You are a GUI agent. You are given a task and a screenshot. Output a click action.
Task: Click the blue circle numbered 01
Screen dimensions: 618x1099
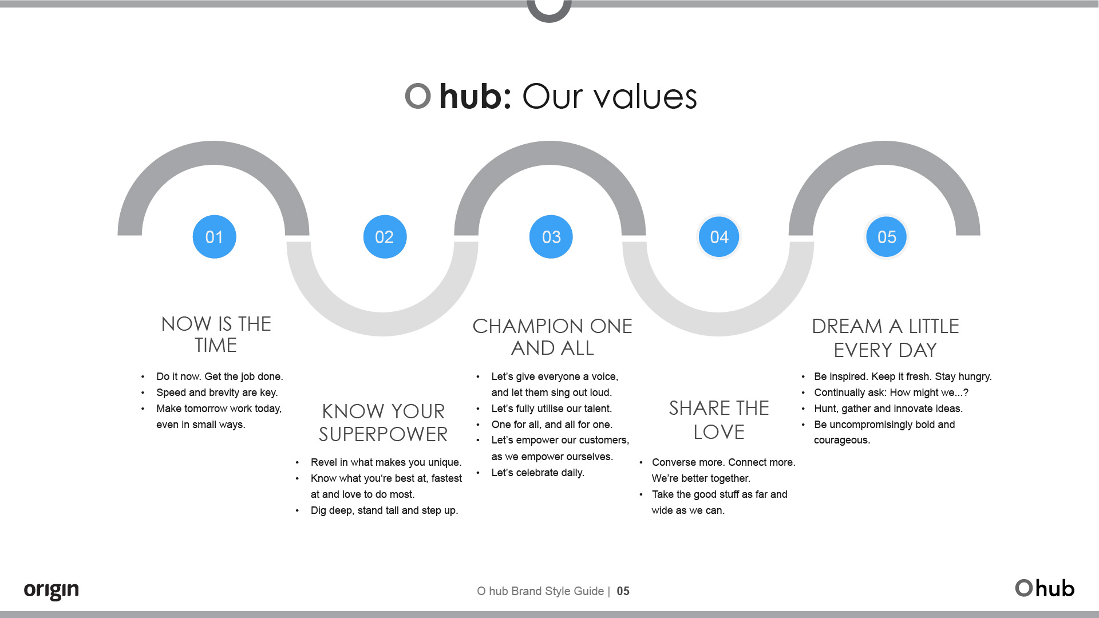click(x=214, y=237)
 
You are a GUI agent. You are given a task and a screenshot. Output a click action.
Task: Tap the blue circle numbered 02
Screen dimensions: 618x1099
click(x=385, y=237)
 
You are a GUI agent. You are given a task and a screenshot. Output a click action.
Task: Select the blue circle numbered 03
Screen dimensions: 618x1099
click(x=551, y=237)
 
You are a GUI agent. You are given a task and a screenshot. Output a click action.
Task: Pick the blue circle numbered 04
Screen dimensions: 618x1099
click(x=719, y=237)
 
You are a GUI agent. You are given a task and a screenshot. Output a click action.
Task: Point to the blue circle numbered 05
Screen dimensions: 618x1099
click(x=887, y=237)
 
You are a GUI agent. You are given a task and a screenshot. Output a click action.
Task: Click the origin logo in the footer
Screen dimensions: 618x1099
click(x=51, y=590)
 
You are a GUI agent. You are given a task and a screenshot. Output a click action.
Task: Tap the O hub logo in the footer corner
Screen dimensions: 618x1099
click(x=1045, y=588)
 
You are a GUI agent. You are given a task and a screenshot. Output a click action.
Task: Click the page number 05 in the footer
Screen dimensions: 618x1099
click(x=623, y=591)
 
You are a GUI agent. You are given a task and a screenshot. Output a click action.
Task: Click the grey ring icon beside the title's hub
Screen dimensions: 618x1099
click(x=418, y=96)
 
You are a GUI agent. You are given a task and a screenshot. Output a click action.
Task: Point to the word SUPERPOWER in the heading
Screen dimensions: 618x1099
click(x=383, y=435)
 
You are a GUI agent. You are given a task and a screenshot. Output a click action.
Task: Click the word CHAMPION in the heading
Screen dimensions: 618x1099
click(x=528, y=326)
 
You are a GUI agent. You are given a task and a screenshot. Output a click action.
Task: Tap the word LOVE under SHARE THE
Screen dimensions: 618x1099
click(x=719, y=432)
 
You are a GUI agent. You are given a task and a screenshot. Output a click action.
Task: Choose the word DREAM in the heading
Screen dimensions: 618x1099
click(x=847, y=326)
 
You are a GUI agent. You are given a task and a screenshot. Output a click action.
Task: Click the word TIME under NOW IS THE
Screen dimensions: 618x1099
click(x=216, y=346)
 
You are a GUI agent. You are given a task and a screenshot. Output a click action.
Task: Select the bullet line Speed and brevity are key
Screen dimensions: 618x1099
click(x=217, y=393)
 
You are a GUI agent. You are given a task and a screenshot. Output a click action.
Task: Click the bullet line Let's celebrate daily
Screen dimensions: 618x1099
click(x=537, y=473)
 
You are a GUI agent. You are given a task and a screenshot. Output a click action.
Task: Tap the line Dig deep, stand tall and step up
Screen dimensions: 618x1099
click(x=384, y=510)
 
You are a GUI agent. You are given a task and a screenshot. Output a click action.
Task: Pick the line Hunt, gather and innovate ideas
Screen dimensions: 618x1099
click(x=888, y=409)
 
